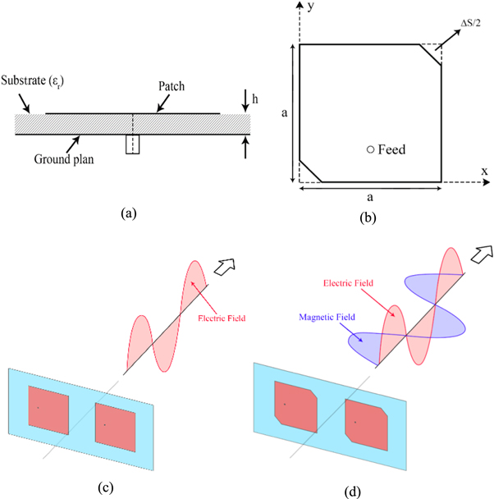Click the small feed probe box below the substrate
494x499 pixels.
(x=133, y=144)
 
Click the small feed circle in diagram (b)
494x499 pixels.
(x=371, y=149)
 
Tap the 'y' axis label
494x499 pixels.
(x=312, y=7)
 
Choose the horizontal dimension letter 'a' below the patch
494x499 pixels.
(x=371, y=198)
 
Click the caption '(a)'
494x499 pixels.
(x=128, y=213)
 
